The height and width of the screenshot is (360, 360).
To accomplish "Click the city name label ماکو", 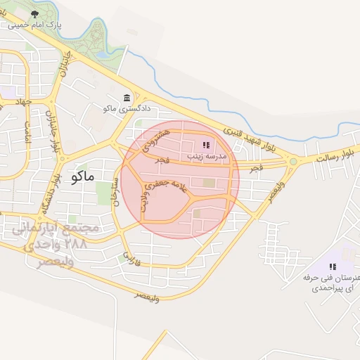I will [82, 176].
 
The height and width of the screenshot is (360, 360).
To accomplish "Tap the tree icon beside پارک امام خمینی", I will [34, 13].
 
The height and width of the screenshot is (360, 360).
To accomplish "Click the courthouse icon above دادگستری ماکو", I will [127, 98].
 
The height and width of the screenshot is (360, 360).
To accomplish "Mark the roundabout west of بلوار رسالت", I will [292, 162].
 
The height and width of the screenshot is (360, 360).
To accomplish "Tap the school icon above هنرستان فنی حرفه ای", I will [333, 266].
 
